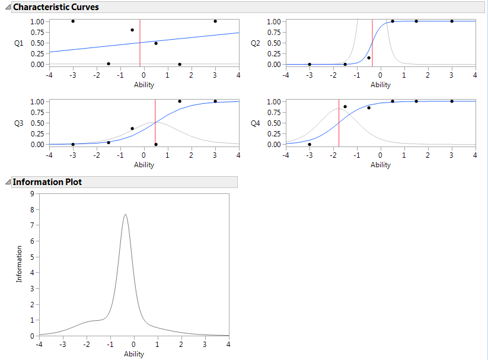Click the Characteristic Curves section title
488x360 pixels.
click(56, 7)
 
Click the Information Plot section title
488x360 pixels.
click(47, 182)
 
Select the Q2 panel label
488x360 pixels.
click(256, 43)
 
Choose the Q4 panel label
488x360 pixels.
click(256, 123)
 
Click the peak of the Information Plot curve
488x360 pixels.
click(125, 215)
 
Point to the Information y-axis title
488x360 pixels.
click(20, 265)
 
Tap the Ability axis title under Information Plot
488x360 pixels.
click(133, 354)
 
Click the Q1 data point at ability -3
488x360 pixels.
click(73, 21)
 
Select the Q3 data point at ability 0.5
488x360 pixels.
click(156, 144)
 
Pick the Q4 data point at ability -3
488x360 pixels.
click(310, 144)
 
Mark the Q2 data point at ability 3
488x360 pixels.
click(452, 21)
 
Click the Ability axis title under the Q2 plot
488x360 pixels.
click(381, 85)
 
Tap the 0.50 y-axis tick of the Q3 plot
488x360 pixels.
click(37, 123)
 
